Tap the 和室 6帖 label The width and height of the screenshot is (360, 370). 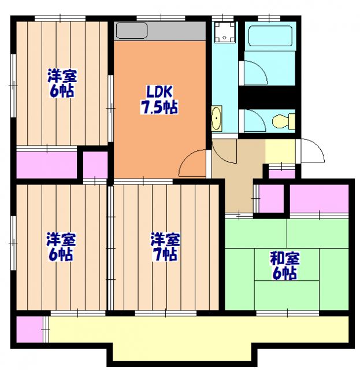[x=284, y=265]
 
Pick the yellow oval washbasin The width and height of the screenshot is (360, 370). [x=217, y=119]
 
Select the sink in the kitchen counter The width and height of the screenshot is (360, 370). [x=132, y=31]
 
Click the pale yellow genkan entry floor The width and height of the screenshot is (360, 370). [x=280, y=151]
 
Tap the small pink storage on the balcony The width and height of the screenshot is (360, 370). [x=29, y=330]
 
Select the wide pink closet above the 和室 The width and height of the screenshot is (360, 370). [x=319, y=198]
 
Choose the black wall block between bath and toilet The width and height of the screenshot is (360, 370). [x=268, y=97]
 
